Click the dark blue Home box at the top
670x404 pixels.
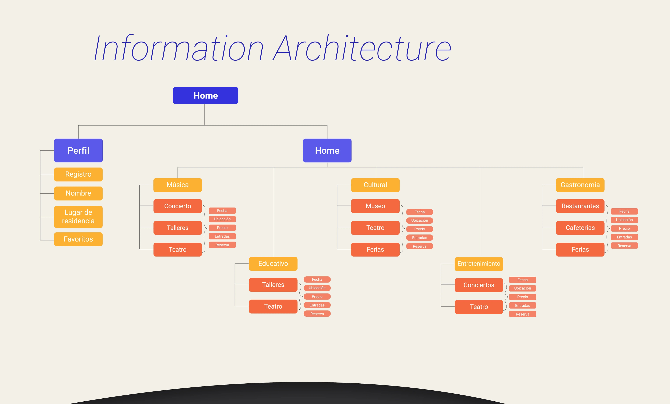206,95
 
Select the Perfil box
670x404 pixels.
78,150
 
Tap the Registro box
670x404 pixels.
78,174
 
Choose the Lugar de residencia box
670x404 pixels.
78,217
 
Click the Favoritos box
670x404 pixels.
78,239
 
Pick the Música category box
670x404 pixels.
178,185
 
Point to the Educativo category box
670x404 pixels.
273,264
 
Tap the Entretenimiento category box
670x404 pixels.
479,264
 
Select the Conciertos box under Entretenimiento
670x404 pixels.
479,285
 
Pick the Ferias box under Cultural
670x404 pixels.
375,250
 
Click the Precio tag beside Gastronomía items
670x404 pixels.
624,228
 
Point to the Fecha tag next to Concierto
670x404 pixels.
222,211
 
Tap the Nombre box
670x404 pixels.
78,193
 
